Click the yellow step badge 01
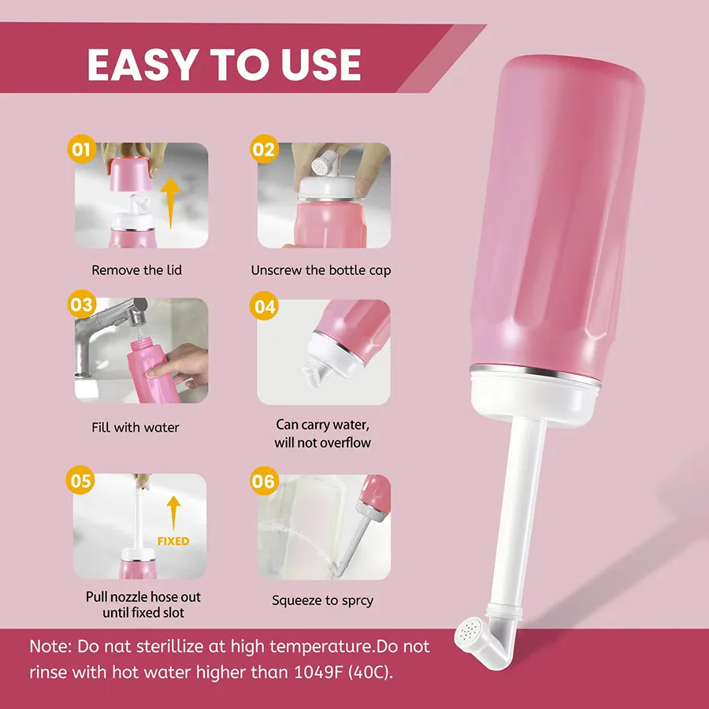pyautogui.click(x=81, y=149)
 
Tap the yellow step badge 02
pyautogui.click(x=264, y=149)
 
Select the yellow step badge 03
pyautogui.click(x=82, y=304)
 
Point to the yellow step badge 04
pyautogui.click(x=264, y=306)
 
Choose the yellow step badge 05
pyautogui.click(x=80, y=481)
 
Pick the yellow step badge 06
pyautogui.click(x=265, y=481)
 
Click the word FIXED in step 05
pyautogui.click(x=173, y=541)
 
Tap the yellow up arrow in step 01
pyautogui.click(x=170, y=202)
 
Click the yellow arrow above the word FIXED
pyautogui.click(x=173, y=513)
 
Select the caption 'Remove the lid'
pyautogui.click(x=136, y=270)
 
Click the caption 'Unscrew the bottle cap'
pyautogui.click(x=321, y=270)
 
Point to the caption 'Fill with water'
pyautogui.click(x=135, y=427)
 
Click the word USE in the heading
pyautogui.click(x=320, y=65)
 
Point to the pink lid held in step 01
pyautogui.click(x=131, y=173)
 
